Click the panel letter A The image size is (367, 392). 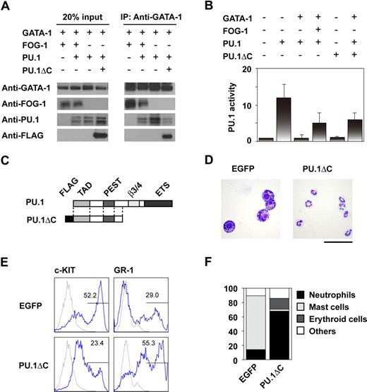(x=6, y=6)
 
